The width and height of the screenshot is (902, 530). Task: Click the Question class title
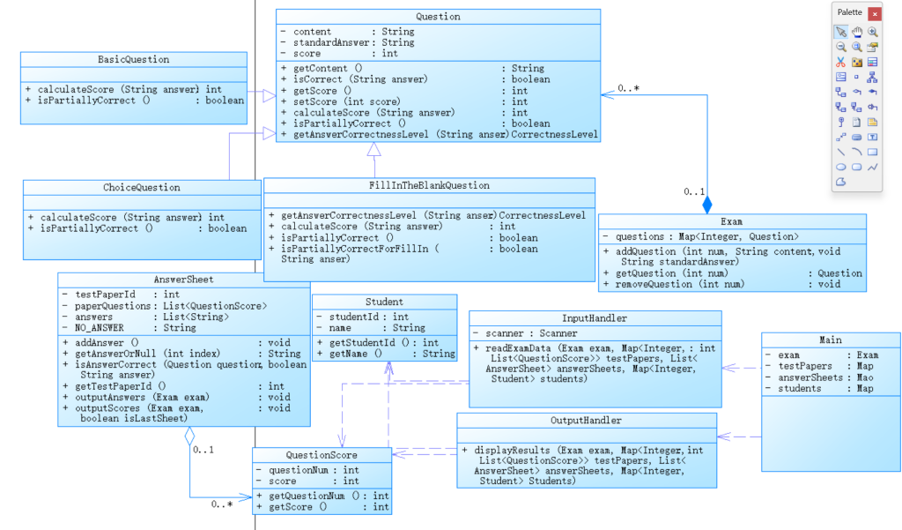pos(438,17)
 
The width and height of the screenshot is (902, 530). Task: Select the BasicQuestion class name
pos(134,60)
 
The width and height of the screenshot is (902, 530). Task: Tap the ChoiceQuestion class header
pos(141,188)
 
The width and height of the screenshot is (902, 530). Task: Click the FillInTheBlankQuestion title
pos(429,186)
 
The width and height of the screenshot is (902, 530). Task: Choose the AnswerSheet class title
pos(183,280)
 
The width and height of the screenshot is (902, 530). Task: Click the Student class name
pos(384,302)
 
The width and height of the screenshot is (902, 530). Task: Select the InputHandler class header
pos(594,318)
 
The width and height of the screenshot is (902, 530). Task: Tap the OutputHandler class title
pos(586,421)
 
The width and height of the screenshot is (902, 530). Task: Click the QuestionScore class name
pos(321,455)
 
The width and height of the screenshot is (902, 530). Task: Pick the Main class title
pos(830,340)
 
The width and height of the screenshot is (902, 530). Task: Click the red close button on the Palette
pos(874,13)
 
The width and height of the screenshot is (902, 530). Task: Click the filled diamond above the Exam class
pos(706,205)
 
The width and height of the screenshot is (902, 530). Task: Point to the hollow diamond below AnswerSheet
pos(189,436)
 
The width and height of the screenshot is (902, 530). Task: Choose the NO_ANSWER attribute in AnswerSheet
pos(100,327)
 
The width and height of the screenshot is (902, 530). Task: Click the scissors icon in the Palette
pos(841,62)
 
